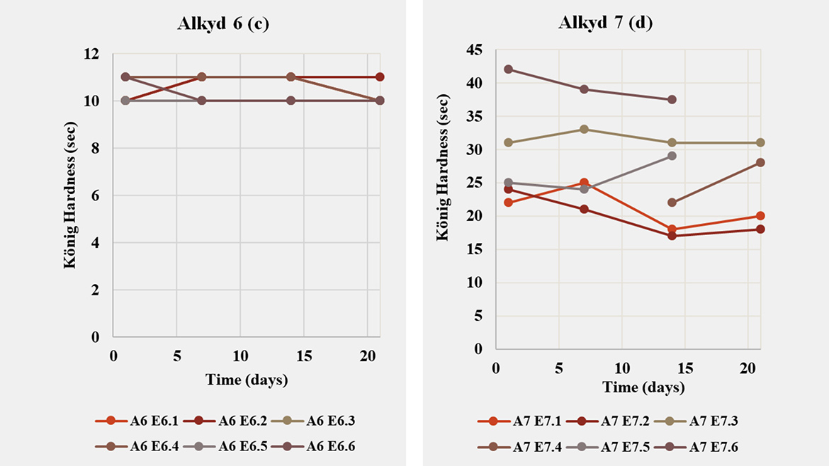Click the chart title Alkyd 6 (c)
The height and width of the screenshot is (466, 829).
[223, 23]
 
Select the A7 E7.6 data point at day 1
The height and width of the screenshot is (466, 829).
[508, 69]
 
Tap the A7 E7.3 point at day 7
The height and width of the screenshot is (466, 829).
[584, 129]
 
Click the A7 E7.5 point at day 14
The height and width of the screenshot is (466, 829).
[672, 156]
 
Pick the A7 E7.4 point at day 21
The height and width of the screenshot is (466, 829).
[760, 162]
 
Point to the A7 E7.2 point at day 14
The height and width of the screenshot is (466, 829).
[672, 236]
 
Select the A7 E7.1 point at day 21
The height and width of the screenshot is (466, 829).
[760, 216]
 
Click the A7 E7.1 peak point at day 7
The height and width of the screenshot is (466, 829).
[584, 183]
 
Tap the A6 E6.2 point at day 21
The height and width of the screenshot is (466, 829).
[380, 77]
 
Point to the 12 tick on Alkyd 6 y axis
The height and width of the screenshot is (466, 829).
[92, 54]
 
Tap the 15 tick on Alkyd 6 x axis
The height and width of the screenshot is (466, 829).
[303, 354]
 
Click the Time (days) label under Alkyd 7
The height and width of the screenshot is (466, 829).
[643, 387]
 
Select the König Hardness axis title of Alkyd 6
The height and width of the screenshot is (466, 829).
[70, 195]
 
